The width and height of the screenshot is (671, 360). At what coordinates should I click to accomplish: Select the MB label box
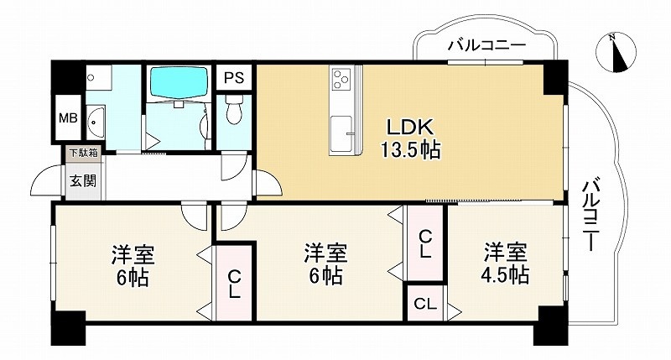[67, 118]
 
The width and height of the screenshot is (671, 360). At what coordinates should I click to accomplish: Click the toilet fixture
[235, 111]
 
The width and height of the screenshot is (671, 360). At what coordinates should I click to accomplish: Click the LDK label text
[408, 127]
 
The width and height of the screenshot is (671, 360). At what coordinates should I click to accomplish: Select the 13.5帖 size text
[408, 151]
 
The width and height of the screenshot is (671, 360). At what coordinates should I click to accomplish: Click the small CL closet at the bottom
[426, 303]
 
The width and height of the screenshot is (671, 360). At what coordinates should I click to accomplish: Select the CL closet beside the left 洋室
[235, 283]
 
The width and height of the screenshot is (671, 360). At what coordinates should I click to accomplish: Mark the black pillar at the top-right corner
[553, 77]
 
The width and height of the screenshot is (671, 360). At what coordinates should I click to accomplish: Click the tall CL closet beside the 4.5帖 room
[426, 243]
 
